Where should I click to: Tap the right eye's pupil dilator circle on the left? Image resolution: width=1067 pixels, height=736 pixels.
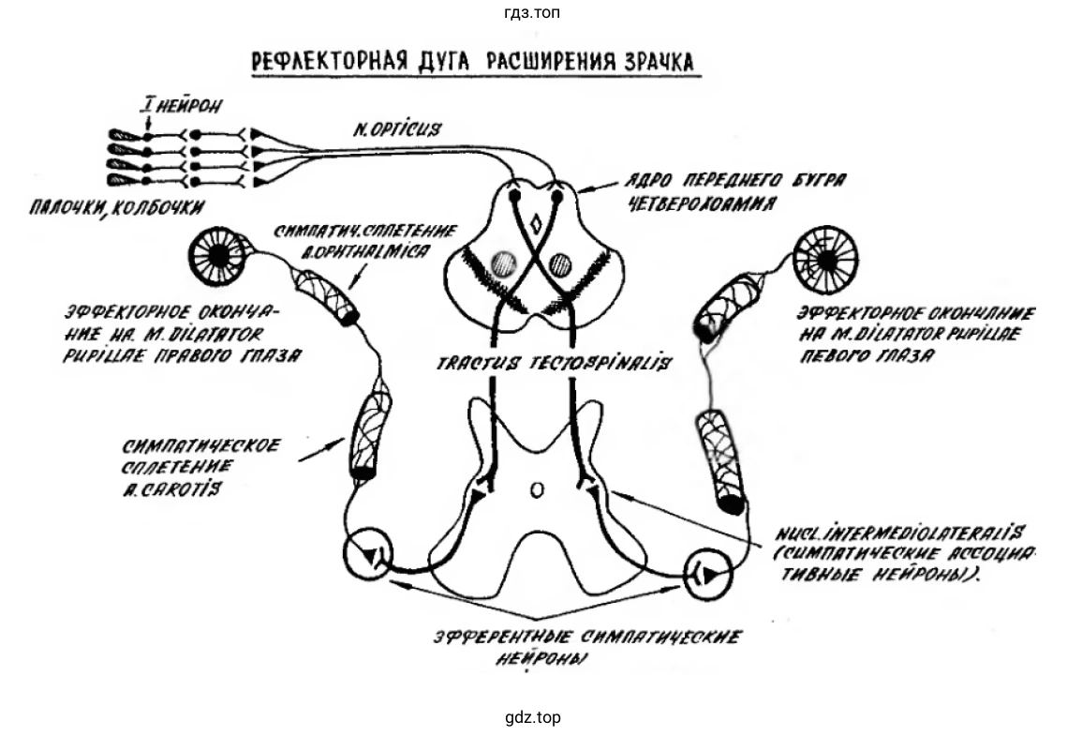(x=218, y=255)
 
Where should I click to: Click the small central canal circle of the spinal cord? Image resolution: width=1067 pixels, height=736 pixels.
(x=536, y=488)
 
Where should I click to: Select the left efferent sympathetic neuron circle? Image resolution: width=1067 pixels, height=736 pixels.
(x=368, y=556)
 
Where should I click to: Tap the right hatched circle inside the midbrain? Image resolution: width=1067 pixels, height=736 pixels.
(x=561, y=263)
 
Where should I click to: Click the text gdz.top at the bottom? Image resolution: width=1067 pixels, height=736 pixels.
(x=533, y=718)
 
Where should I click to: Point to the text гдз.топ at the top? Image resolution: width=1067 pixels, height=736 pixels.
(x=533, y=12)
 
